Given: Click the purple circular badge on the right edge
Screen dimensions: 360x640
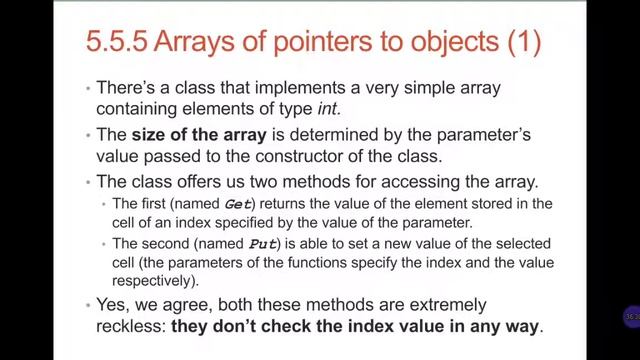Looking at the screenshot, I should pos(630,317).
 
